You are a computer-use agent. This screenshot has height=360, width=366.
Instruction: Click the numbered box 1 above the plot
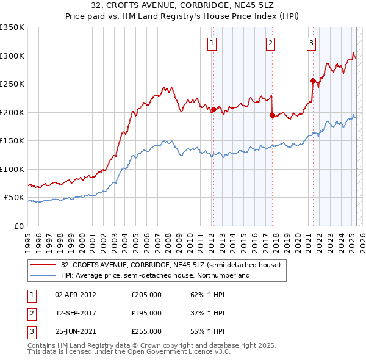pyautogui.click(x=212, y=43)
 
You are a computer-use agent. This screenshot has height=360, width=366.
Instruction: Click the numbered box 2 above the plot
pyautogui.click(x=270, y=43)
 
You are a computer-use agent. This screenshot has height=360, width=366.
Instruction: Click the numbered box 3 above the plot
pyautogui.click(x=311, y=43)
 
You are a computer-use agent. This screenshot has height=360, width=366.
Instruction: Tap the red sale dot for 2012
pyautogui.click(x=213, y=110)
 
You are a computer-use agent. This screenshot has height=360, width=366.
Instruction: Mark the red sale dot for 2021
pyautogui.click(x=313, y=81)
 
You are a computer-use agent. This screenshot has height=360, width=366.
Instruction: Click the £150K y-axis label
pyautogui.click(x=12, y=141)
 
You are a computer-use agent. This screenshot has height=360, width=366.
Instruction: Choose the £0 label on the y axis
pyautogui.click(x=18, y=226)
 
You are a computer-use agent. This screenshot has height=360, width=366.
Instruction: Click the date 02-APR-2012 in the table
pyautogui.click(x=76, y=294)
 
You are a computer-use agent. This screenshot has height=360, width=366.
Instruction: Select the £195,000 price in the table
pyautogui.click(x=146, y=313)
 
